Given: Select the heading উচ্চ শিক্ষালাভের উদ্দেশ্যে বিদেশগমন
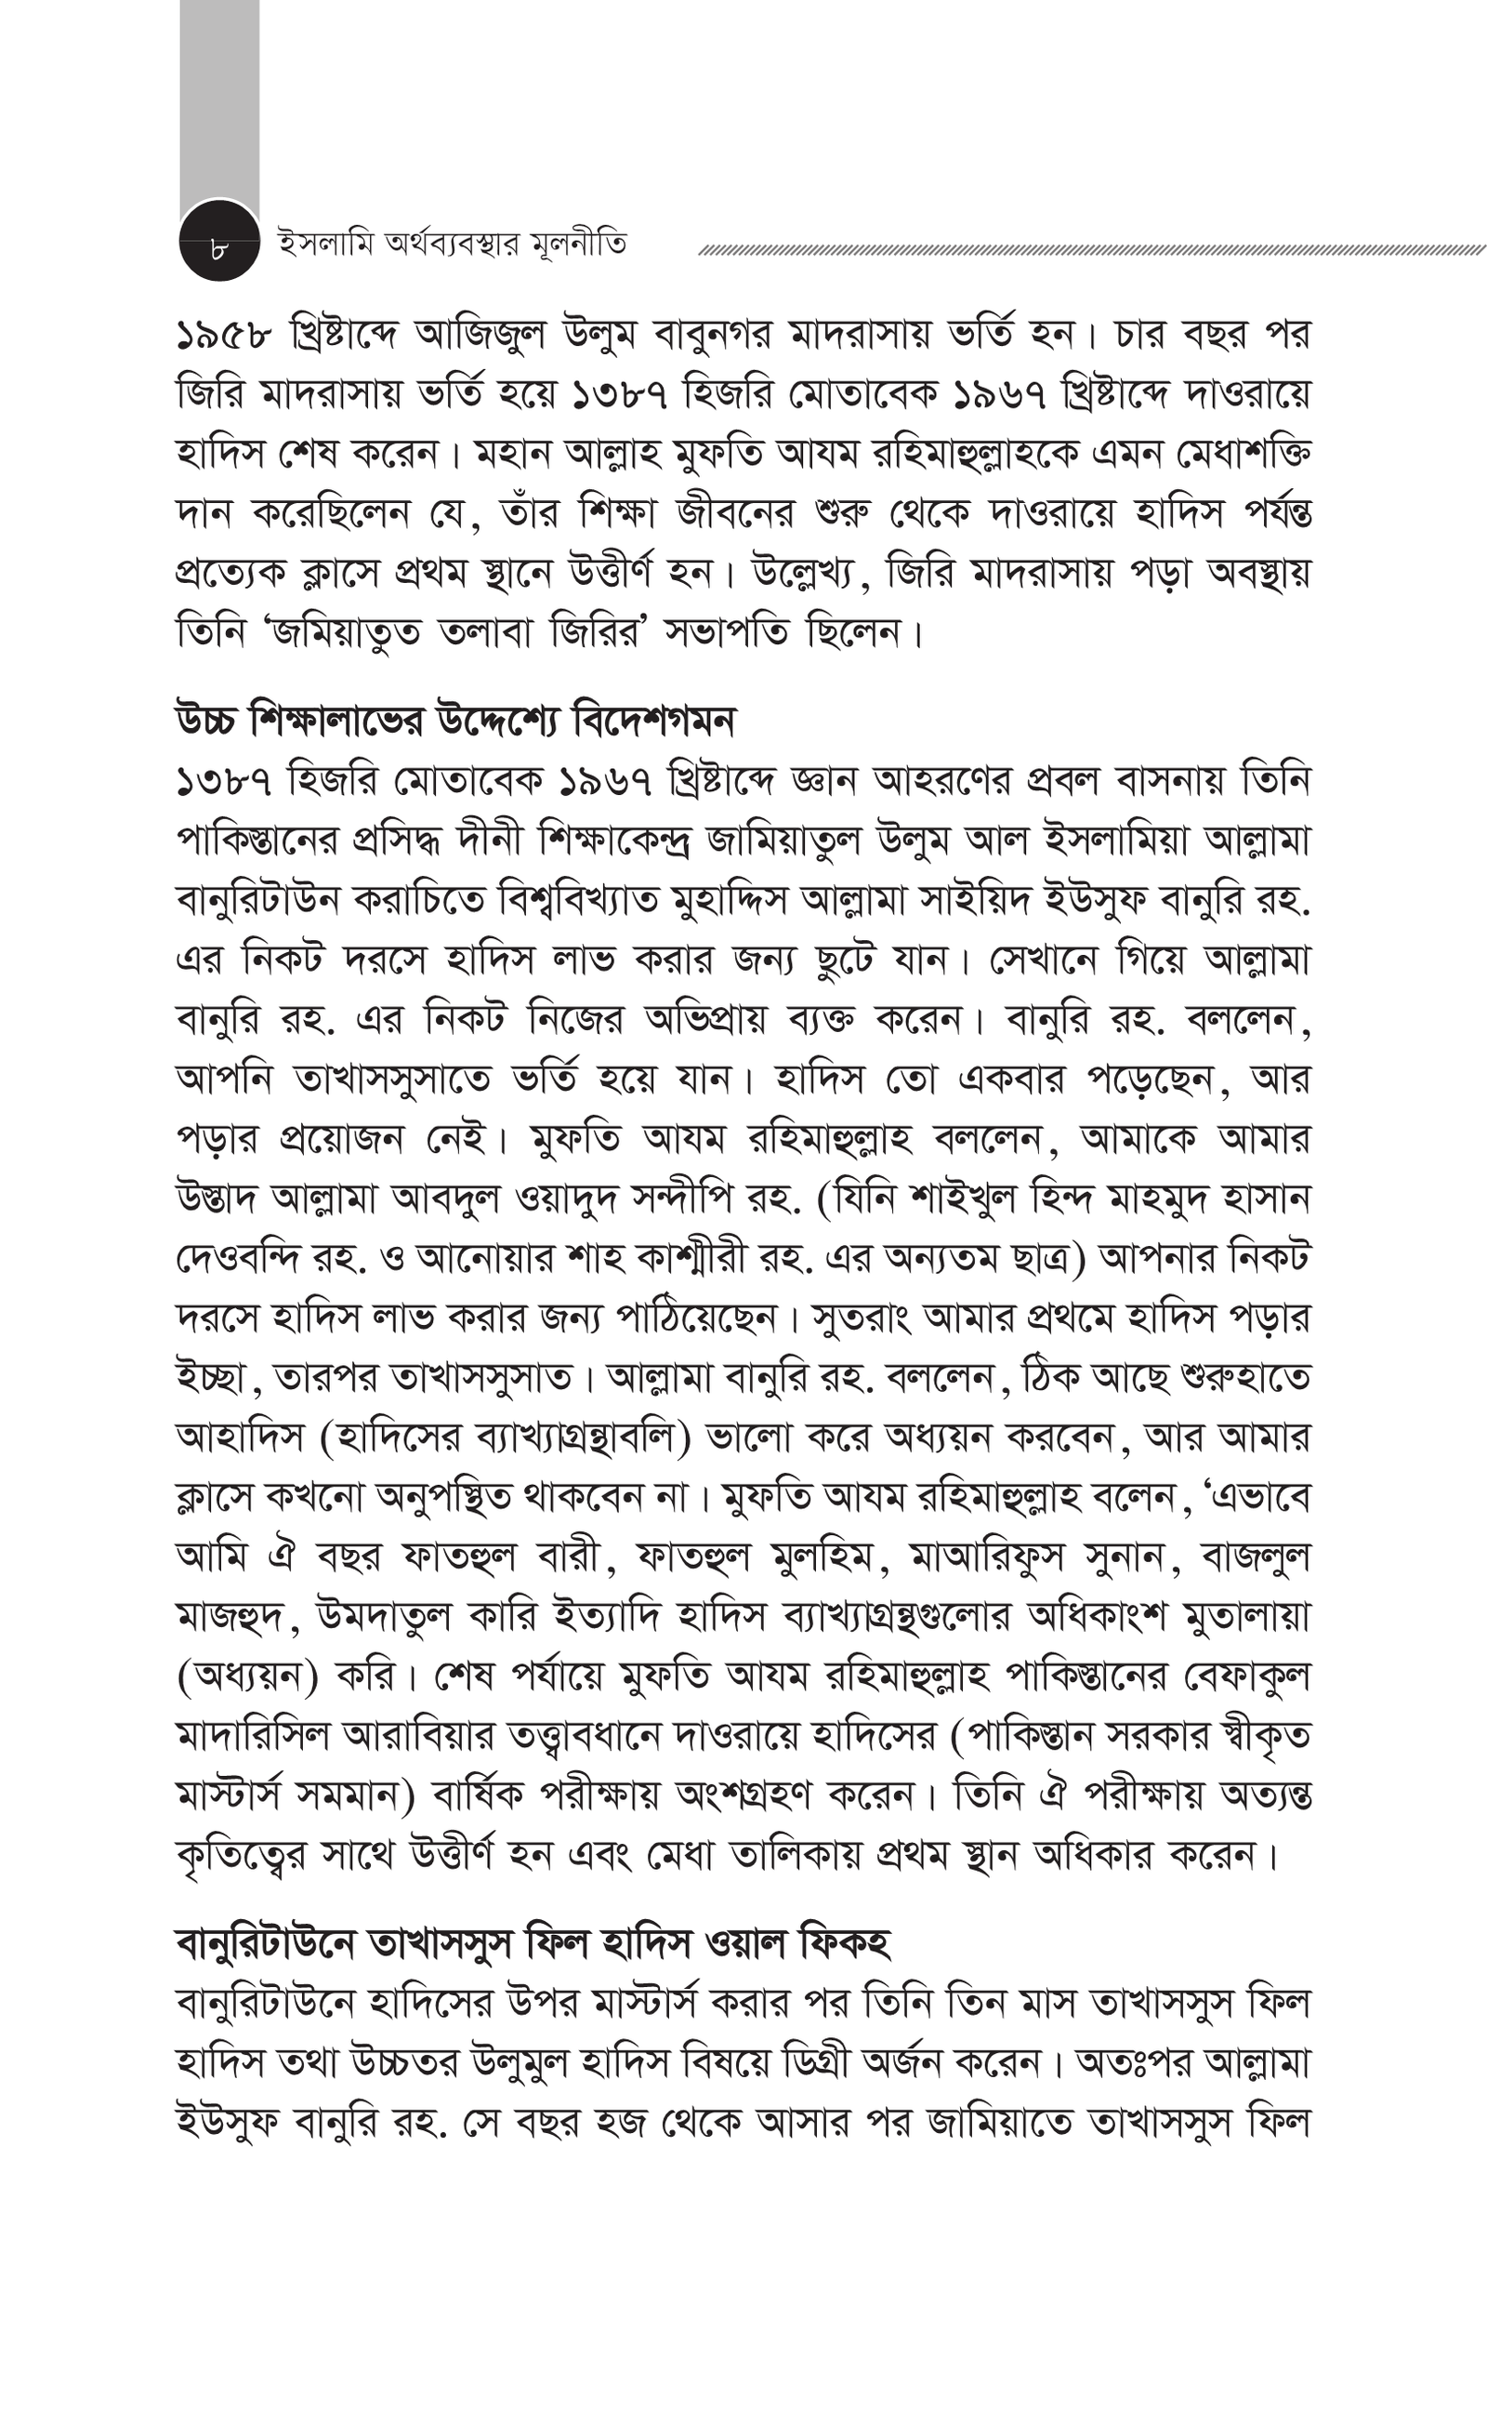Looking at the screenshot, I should pyautogui.click(x=454, y=722).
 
